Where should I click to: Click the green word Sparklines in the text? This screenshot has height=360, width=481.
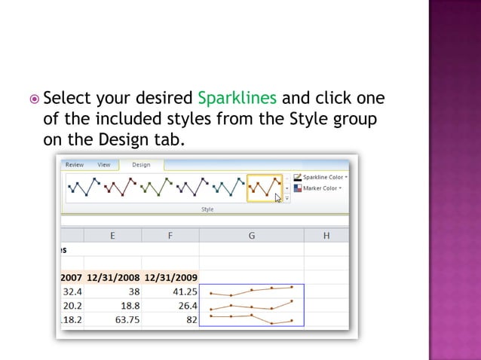pos(237,99)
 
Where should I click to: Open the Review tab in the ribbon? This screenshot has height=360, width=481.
pos(75,164)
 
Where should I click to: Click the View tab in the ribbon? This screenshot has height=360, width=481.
pos(104,164)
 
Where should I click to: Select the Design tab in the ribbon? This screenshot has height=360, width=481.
pos(141,164)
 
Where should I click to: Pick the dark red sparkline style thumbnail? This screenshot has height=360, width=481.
pos(121,188)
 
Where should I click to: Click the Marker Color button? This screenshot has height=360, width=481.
pos(318,188)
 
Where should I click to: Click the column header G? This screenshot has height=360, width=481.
pos(251,236)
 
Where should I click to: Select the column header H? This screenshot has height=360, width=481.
pos(326,236)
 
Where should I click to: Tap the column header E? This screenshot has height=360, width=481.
pos(113,236)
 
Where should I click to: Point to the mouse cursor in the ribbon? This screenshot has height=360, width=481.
pos(278,198)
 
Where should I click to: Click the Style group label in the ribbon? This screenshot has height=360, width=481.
pos(207,209)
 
